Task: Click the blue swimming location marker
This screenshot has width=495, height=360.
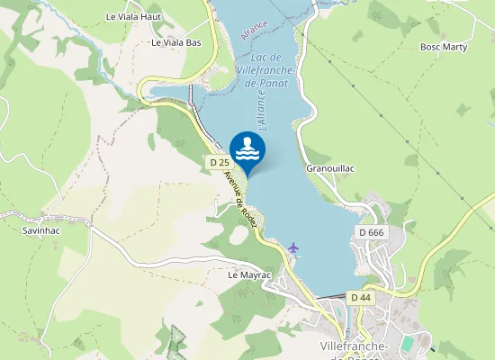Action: pos(247,150)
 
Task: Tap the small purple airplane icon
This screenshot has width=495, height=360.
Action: pos(292,246)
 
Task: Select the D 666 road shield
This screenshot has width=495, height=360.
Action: pos(371,232)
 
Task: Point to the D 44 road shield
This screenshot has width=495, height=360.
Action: pos(361,297)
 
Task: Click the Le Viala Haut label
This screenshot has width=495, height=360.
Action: pos(132,16)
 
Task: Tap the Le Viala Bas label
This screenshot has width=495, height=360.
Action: pos(175,42)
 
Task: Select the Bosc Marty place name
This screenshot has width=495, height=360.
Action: pos(444,47)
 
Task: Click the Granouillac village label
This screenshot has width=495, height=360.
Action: pos(332,168)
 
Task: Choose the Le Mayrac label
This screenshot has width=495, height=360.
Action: pos(250,274)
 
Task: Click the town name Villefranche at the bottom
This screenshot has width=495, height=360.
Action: pos(355,347)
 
